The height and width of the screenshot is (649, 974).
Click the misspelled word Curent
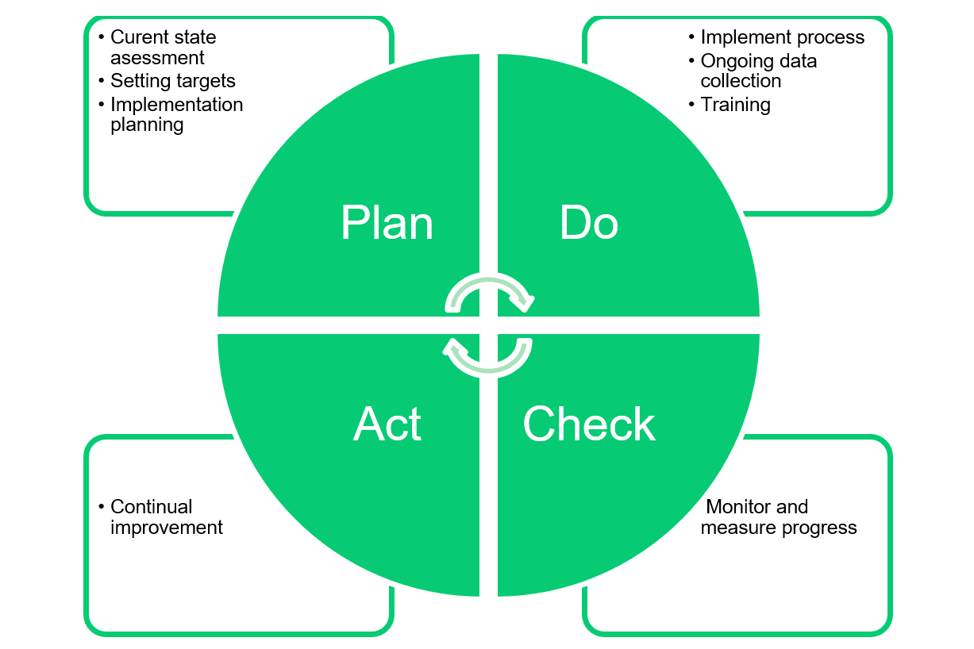(x=137, y=37)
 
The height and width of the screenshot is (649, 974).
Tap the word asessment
(x=157, y=58)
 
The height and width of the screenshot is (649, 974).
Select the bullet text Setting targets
(x=172, y=81)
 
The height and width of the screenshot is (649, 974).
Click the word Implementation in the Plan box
(x=176, y=105)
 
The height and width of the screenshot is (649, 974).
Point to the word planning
(x=147, y=125)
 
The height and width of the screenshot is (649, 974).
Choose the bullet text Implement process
(x=782, y=37)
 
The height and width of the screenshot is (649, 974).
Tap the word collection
(x=741, y=81)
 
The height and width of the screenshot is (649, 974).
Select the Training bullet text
(x=735, y=105)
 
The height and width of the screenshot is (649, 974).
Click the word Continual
(x=152, y=507)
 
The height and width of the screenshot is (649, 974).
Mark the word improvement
(x=167, y=528)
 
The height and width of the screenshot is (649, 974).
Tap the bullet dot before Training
(x=691, y=105)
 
